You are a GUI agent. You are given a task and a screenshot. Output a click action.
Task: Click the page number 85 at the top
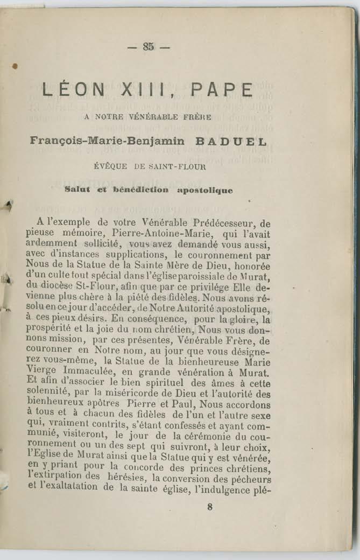click(149, 47)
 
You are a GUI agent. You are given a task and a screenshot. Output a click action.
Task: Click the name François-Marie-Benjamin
click(107, 142)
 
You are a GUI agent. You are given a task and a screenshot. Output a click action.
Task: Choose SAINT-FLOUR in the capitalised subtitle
click(177, 166)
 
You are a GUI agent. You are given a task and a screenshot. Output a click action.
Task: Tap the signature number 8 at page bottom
click(209, 506)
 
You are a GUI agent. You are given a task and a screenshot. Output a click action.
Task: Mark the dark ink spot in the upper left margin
click(15, 67)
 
